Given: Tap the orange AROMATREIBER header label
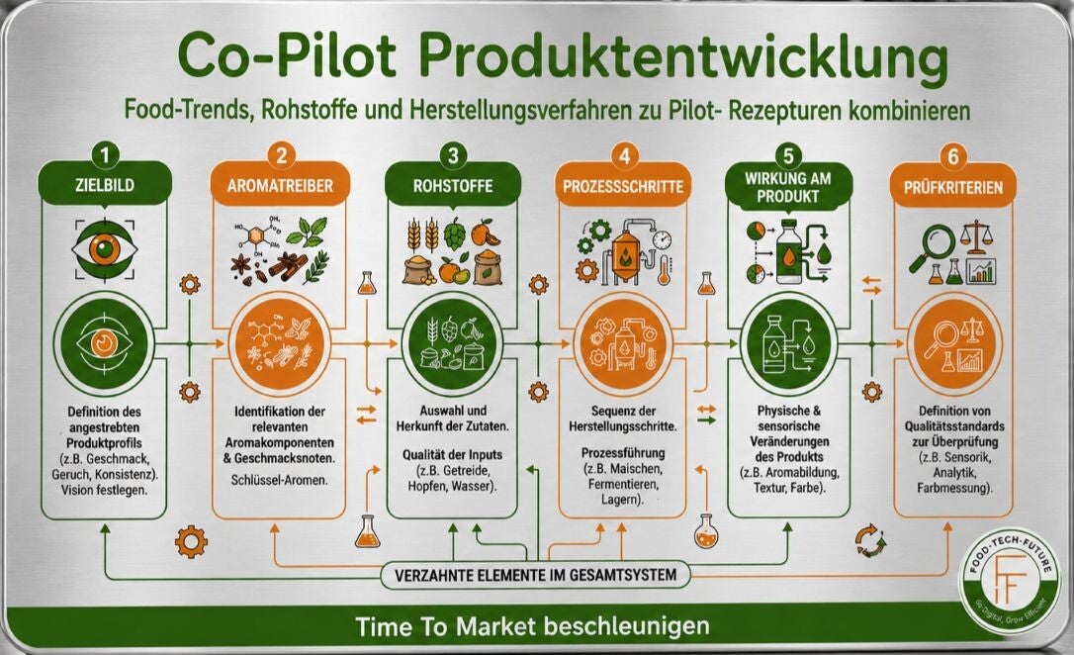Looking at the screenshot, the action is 280,186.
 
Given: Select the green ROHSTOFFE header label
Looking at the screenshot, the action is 453,186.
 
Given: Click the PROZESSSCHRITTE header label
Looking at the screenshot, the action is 623,187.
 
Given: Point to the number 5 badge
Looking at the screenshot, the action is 788,156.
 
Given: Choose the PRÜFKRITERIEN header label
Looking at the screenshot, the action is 952,187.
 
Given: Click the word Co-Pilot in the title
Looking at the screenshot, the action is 287,56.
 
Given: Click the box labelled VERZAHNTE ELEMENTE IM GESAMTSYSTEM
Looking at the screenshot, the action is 536,575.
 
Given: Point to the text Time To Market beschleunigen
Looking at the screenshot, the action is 532,626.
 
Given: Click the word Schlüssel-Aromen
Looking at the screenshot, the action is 280,480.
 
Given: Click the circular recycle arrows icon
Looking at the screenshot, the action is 870,540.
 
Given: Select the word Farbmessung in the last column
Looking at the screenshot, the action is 954,489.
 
